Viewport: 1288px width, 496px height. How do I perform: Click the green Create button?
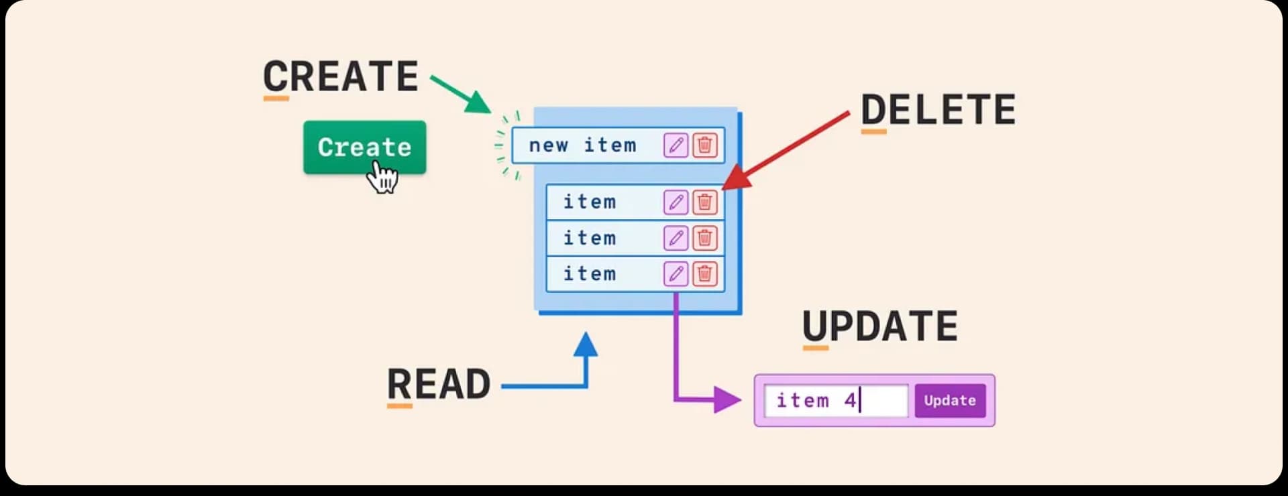pyautogui.click(x=364, y=147)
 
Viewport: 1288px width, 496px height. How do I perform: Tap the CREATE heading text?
pyautogui.click(x=340, y=76)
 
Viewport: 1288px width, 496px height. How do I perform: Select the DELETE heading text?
pyautogui.click(x=938, y=110)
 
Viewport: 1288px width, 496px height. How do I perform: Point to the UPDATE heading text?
pyautogui.click(x=879, y=326)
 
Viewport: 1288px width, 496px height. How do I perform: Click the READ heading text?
pyautogui.click(x=439, y=384)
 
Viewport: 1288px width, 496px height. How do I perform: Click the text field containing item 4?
pyautogui.click(x=836, y=401)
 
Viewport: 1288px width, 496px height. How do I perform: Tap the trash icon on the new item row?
pyautogui.click(x=704, y=145)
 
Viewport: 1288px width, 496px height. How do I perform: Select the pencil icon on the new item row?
pyautogui.click(x=676, y=145)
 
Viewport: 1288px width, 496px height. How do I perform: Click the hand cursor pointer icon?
pyautogui.click(x=384, y=178)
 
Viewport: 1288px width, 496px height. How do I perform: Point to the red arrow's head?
pyautogui.click(x=736, y=179)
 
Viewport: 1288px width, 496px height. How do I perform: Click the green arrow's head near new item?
pyautogui.click(x=479, y=103)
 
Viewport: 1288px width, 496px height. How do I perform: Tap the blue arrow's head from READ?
pyautogui.click(x=586, y=345)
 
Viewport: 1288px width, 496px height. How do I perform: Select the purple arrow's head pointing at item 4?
pyautogui.click(x=727, y=400)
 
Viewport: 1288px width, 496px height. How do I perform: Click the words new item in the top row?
pyautogui.click(x=582, y=145)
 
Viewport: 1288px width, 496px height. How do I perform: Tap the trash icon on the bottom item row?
pyautogui.click(x=704, y=273)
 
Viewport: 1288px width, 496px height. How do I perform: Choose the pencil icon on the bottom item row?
pyautogui.click(x=676, y=273)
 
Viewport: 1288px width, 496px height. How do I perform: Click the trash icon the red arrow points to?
pyautogui.click(x=704, y=202)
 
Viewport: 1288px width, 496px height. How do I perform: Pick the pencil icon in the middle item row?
pyautogui.click(x=676, y=238)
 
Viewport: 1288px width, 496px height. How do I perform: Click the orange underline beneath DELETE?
pyautogui.click(x=873, y=132)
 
